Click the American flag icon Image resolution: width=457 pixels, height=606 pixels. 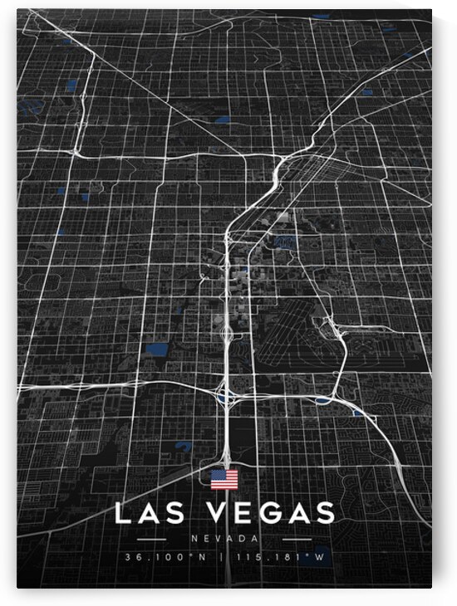pyautogui.click(x=224, y=479)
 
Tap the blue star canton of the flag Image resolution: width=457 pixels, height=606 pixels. pyautogui.click(x=218, y=475)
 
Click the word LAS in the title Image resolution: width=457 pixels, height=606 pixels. pyautogui.click(x=151, y=513)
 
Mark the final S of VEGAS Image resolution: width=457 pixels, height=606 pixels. pyautogui.click(x=326, y=513)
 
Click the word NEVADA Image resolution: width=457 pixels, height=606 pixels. pyautogui.click(x=224, y=538)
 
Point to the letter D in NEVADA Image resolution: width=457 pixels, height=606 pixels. pyautogui.click(x=242, y=538)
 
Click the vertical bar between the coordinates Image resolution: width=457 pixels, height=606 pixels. pyautogui.click(x=224, y=557)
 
